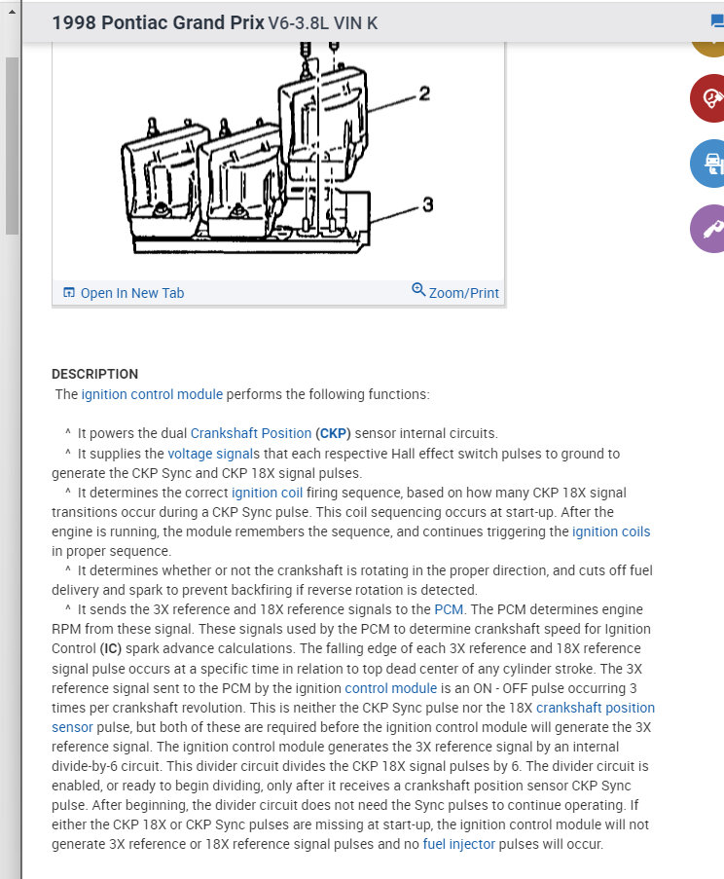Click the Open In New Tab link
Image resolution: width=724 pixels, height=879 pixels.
[131, 293]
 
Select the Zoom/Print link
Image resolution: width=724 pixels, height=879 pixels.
[463, 292]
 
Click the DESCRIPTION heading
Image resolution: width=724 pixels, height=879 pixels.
[94, 374]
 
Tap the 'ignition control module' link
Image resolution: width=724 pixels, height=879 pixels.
[152, 394]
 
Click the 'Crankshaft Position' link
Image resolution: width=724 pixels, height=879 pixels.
[250, 433]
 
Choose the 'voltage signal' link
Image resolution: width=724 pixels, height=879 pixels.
[208, 454]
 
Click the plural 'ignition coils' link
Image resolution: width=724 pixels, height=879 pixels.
[611, 531]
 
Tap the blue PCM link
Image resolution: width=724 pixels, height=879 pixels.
[449, 609]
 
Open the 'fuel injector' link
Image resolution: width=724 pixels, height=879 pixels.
[458, 844]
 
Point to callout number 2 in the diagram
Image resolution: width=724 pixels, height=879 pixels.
[424, 93]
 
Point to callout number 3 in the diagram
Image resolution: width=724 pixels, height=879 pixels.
[427, 204]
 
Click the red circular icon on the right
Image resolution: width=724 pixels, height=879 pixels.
[708, 98]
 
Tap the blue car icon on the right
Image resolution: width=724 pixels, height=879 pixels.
[708, 164]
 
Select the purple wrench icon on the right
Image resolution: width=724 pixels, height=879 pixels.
[708, 230]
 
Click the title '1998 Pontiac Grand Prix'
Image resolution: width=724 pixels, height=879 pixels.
[158, 21]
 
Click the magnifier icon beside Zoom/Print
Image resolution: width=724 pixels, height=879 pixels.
[418, 290]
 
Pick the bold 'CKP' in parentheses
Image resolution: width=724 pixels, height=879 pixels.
[334, 433]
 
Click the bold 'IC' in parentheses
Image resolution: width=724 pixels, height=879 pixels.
[113, 648]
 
